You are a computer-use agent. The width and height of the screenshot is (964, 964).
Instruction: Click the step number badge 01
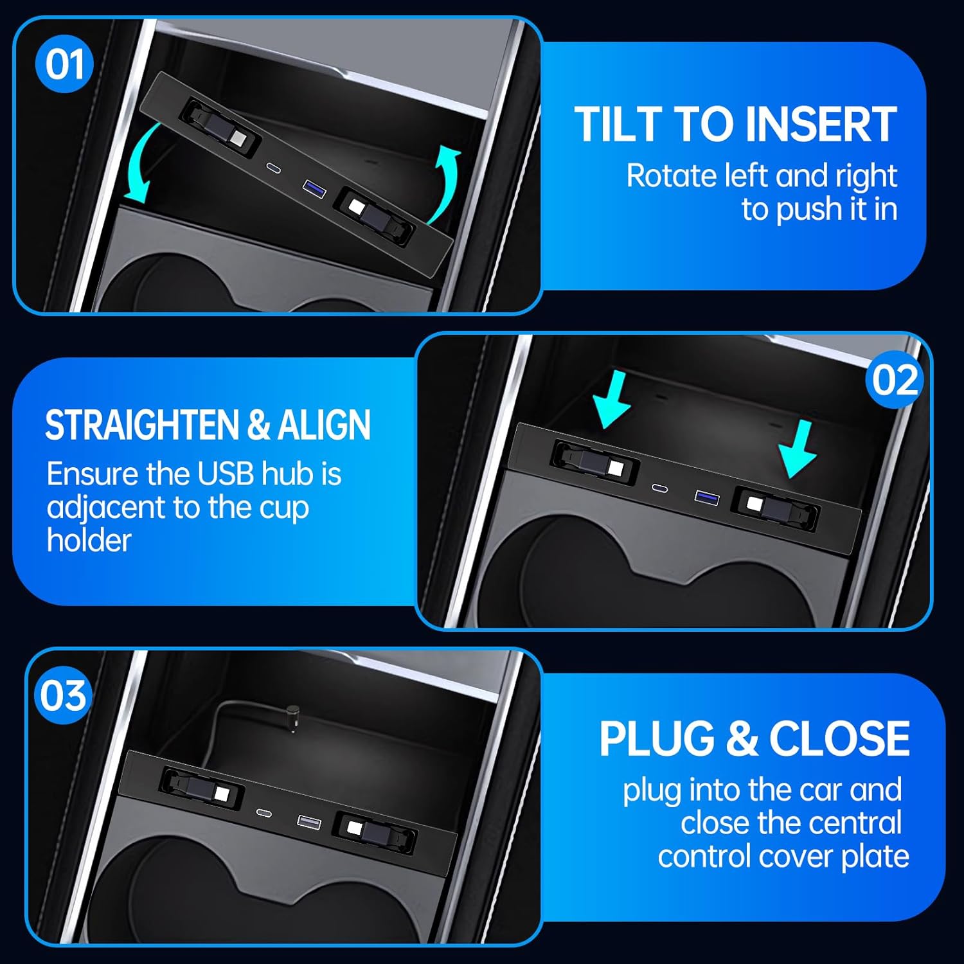(64, 64)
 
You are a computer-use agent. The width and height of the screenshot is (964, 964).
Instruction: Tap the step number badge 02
(895, 380)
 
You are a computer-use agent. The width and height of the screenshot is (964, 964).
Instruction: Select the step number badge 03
(63, 695)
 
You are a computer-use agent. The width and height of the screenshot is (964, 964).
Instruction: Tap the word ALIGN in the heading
(324, 425)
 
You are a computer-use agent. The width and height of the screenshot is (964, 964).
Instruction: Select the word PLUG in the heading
(656, 738)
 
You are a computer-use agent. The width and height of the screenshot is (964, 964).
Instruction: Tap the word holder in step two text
(89, 540)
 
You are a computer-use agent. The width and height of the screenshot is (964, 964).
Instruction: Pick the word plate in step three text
(875, 857)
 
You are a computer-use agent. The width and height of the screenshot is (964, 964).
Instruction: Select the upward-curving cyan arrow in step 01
(443, 184)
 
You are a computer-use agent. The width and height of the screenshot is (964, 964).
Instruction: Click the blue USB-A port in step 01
(312, 188)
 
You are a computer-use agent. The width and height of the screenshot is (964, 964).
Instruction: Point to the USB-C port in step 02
(659, 488)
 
